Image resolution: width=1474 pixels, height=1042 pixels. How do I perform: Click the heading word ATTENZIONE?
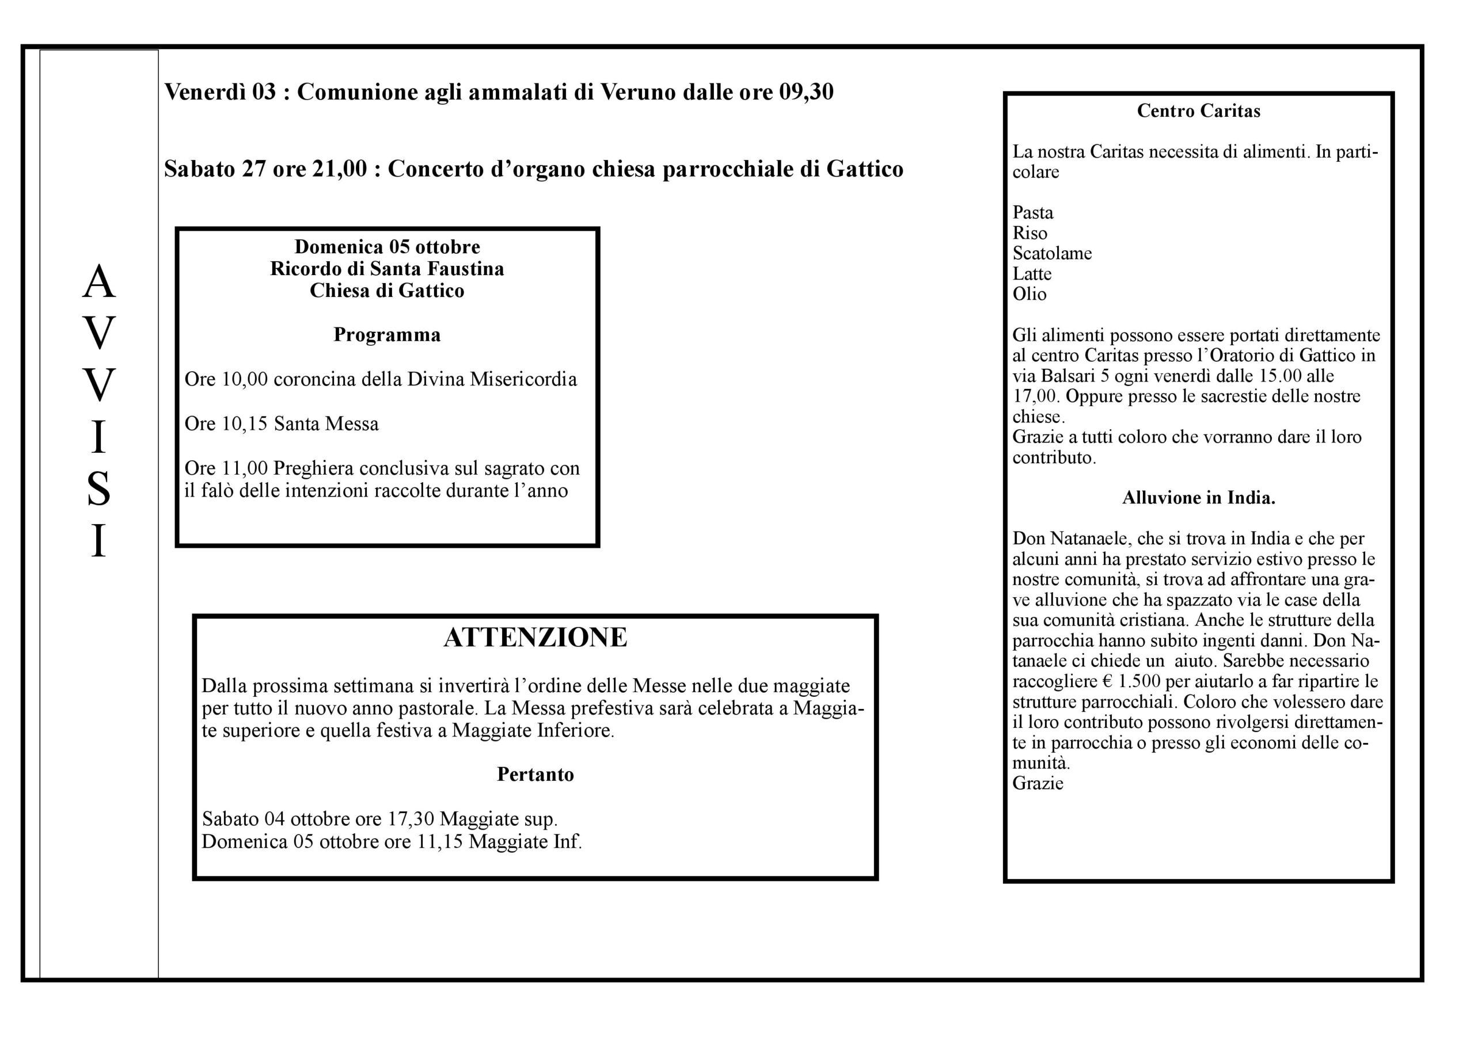[x=535, y=637]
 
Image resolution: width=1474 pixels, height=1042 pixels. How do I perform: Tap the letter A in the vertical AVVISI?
[x=99, y=283]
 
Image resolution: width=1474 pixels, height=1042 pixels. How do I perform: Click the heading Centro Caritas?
[x=1198, y=111]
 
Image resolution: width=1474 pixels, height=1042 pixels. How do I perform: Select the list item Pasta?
[x=1032, y=212]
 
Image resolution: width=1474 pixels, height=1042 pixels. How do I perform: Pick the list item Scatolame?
[x=1051, y=253]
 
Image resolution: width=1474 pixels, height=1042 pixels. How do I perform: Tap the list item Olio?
[x=1029, y=294]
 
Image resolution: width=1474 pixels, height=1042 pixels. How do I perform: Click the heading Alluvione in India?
[x=1198, y=498]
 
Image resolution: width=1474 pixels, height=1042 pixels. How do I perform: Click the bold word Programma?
[x=386, y=335]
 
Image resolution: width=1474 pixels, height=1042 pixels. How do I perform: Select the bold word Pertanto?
[x=535, y=774]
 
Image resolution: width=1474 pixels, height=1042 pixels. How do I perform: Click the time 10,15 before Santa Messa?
[x=245, y=424]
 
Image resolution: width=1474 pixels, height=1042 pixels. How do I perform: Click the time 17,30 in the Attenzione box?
[x=411, y=819]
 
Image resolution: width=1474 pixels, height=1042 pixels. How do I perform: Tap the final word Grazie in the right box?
[x=1038, y=784]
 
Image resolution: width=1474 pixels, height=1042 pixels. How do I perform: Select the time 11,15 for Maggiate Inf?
[x=440, y=842]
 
